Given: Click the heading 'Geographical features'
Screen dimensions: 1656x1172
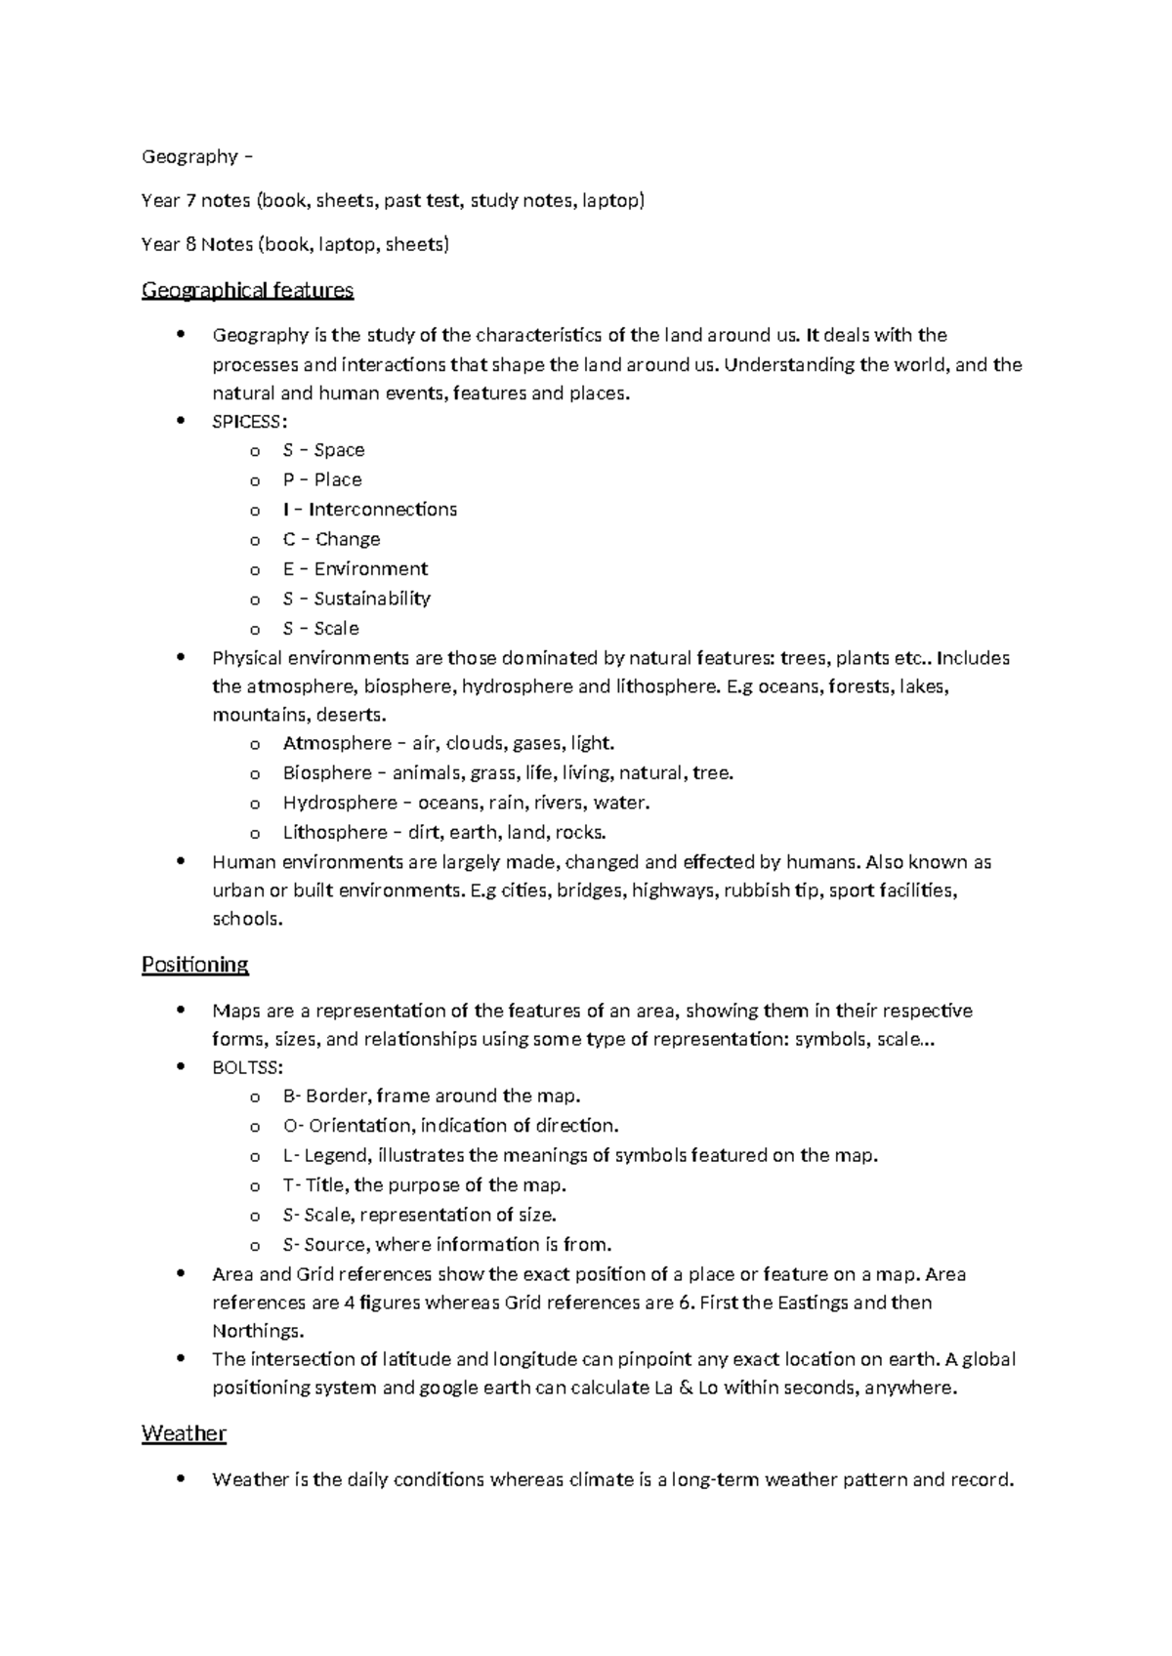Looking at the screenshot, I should pos(247,290).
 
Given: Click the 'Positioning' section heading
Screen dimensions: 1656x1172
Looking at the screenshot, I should pos(194,965).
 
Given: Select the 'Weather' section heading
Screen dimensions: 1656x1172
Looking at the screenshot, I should pos(184,1433).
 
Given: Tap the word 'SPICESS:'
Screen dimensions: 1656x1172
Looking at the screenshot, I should pos(250,421).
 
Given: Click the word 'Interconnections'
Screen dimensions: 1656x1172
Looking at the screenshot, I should pos(383,510).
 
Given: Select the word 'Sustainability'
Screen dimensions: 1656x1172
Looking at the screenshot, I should pos(372,599).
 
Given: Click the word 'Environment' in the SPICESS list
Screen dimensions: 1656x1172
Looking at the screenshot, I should pos(371,569).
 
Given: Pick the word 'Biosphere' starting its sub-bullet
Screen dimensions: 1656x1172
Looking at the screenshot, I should pos(327,773).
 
